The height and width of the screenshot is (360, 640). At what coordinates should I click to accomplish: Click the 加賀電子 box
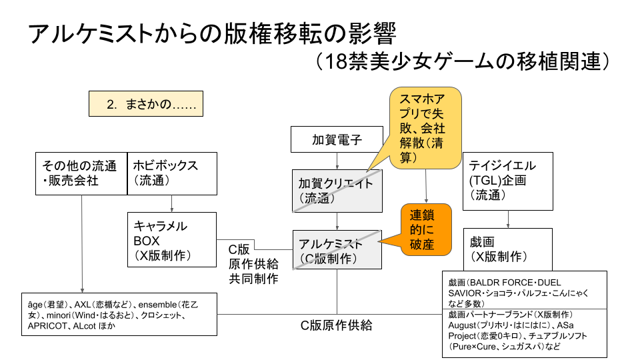click(x=337, y=140)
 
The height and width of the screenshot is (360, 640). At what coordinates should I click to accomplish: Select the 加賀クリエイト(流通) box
click(x=337, y=191)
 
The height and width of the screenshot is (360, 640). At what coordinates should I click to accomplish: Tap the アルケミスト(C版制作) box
click(x=337, y=250)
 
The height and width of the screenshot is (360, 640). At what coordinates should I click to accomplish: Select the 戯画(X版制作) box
click(x=509, y=248)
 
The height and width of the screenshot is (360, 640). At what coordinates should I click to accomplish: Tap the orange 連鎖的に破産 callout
click(x=425, y=230)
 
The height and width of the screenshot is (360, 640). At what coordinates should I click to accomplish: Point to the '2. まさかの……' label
click(x=145, y=105)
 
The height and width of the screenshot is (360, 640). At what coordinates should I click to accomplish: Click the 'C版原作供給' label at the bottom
click(x=335, y=326)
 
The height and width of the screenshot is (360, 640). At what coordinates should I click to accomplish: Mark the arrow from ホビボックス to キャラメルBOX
click(x=173, y=203)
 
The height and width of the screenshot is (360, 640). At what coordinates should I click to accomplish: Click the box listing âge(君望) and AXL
click(x=119, y=314)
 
